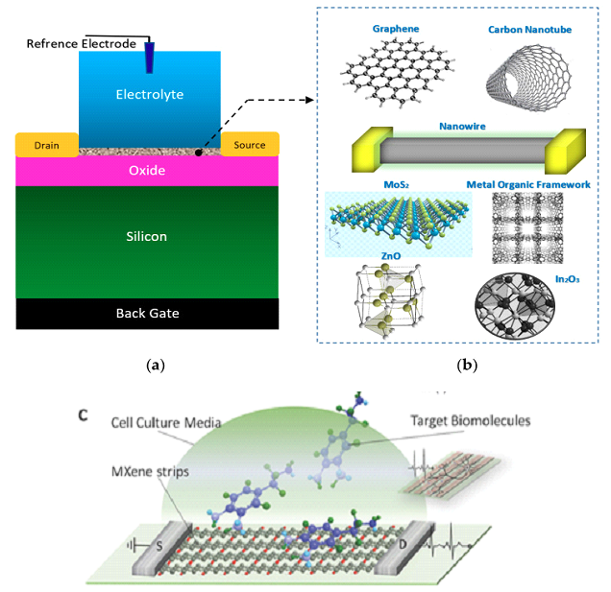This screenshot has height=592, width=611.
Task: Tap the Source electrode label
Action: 250,146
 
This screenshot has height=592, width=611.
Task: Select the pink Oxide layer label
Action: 148,170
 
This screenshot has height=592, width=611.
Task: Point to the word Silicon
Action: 148,235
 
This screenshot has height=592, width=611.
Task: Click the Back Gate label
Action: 148,313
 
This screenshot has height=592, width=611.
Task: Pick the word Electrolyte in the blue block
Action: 149,94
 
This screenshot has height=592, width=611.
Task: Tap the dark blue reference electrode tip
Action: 151,59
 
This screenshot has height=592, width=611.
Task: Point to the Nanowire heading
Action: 460,125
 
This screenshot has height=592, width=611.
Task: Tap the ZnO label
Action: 388,258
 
